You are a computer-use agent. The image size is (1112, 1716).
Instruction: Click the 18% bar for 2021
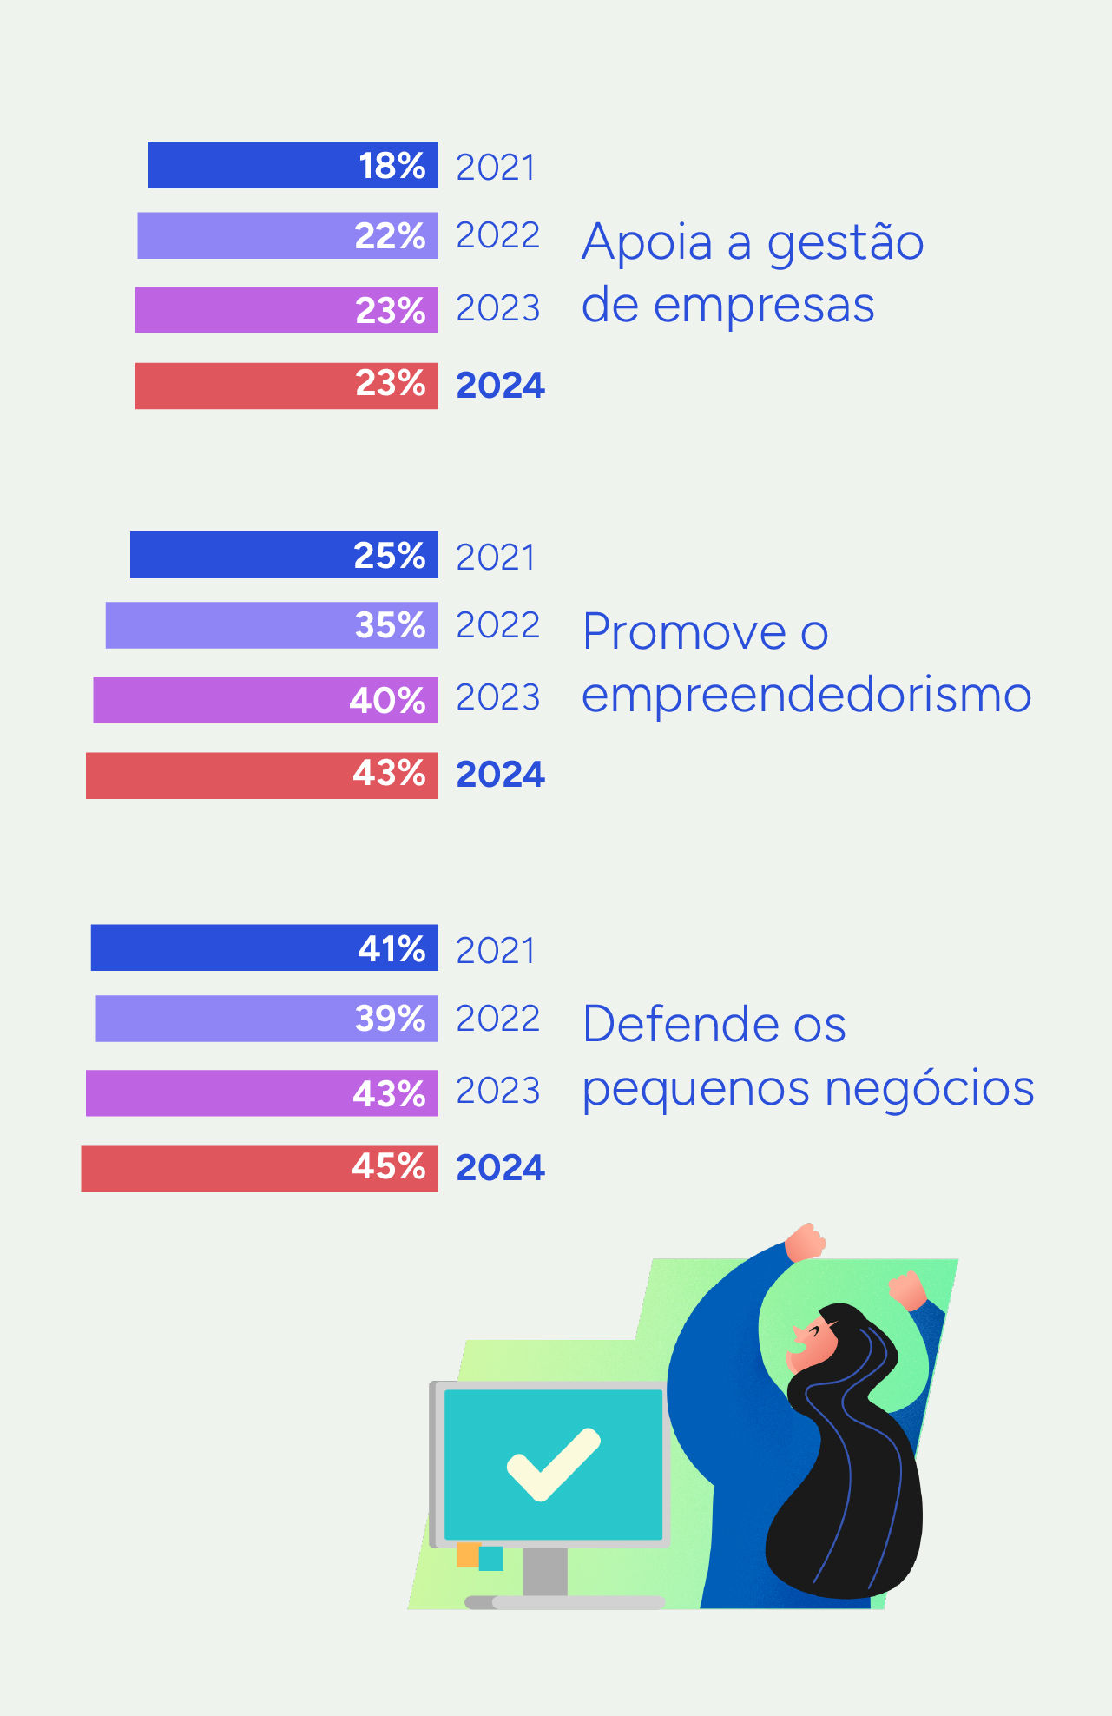[293, 165]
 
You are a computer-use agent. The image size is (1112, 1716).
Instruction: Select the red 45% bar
[260, 1169]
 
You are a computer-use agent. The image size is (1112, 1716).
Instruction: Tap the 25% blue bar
[284, 555]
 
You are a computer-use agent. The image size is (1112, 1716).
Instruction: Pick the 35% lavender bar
[272, 625]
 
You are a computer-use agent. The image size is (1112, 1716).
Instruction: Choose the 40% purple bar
[266, 700]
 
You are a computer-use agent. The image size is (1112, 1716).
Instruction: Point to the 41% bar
[264, 948]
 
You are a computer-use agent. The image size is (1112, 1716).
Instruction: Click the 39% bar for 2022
[266, 1019]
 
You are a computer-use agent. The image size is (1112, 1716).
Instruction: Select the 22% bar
[287, 236]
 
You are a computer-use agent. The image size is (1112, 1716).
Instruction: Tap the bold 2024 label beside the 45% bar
[500, 1169]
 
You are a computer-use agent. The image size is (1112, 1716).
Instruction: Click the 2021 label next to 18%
[496, 168]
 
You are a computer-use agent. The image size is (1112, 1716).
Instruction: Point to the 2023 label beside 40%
[497, 698]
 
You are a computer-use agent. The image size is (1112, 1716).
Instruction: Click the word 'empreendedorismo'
[806, 696]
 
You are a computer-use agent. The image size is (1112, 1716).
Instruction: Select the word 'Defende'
[681, 1025]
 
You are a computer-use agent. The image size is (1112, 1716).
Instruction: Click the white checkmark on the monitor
[553, 1464]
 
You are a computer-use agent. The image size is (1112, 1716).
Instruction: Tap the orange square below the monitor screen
[468, 1554]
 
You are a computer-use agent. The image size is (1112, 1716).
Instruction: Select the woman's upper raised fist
[805, 1242]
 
